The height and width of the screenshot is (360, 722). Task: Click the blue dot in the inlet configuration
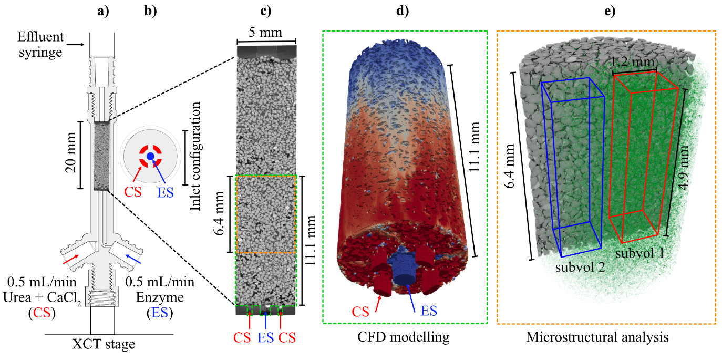(150, 156)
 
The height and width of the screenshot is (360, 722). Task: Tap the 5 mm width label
(266, 33)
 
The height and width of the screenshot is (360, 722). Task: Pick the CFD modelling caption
(404, 337)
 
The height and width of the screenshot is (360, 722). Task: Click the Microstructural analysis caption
(597, 337)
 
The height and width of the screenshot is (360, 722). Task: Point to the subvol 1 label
(639, 253)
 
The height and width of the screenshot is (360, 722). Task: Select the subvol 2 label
(581, 267)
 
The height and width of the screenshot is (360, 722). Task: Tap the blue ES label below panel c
(265, 337)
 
